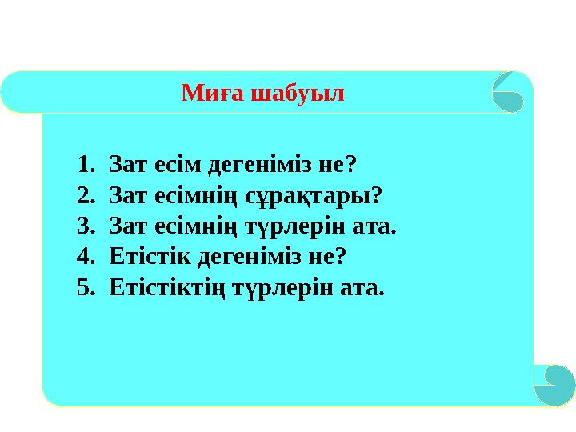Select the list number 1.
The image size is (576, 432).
pos(84,165)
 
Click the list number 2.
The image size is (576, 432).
pos(84,195)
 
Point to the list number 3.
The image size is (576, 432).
pos(84,226)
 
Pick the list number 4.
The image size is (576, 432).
pos(84,256)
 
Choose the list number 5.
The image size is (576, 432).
pos(84,286)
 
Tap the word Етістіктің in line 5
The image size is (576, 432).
pos(167,286)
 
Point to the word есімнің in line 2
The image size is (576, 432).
pos(192,195)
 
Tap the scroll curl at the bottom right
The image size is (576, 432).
pos(553,384)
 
